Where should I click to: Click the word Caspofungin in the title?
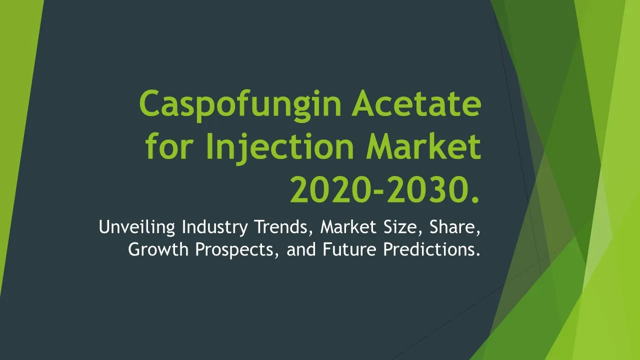click(x=240, y=105)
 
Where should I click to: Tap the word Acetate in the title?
click(x=416, y=103)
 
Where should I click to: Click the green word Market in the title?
click(x=424, y=145)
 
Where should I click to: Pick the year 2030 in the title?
click(x=427, y=189)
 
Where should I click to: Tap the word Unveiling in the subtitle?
click(x=137, y=227)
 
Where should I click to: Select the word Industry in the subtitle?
click(x=215, y=227)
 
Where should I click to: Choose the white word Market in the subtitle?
click(x=348, y=227)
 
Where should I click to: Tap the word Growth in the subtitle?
click(x=158, y=249)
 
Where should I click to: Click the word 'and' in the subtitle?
click(x=301, y=249)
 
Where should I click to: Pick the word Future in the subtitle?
click(x=349, y=249)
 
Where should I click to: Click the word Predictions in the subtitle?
click(x=431, y=249)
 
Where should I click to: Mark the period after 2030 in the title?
click(x=475, y=199)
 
